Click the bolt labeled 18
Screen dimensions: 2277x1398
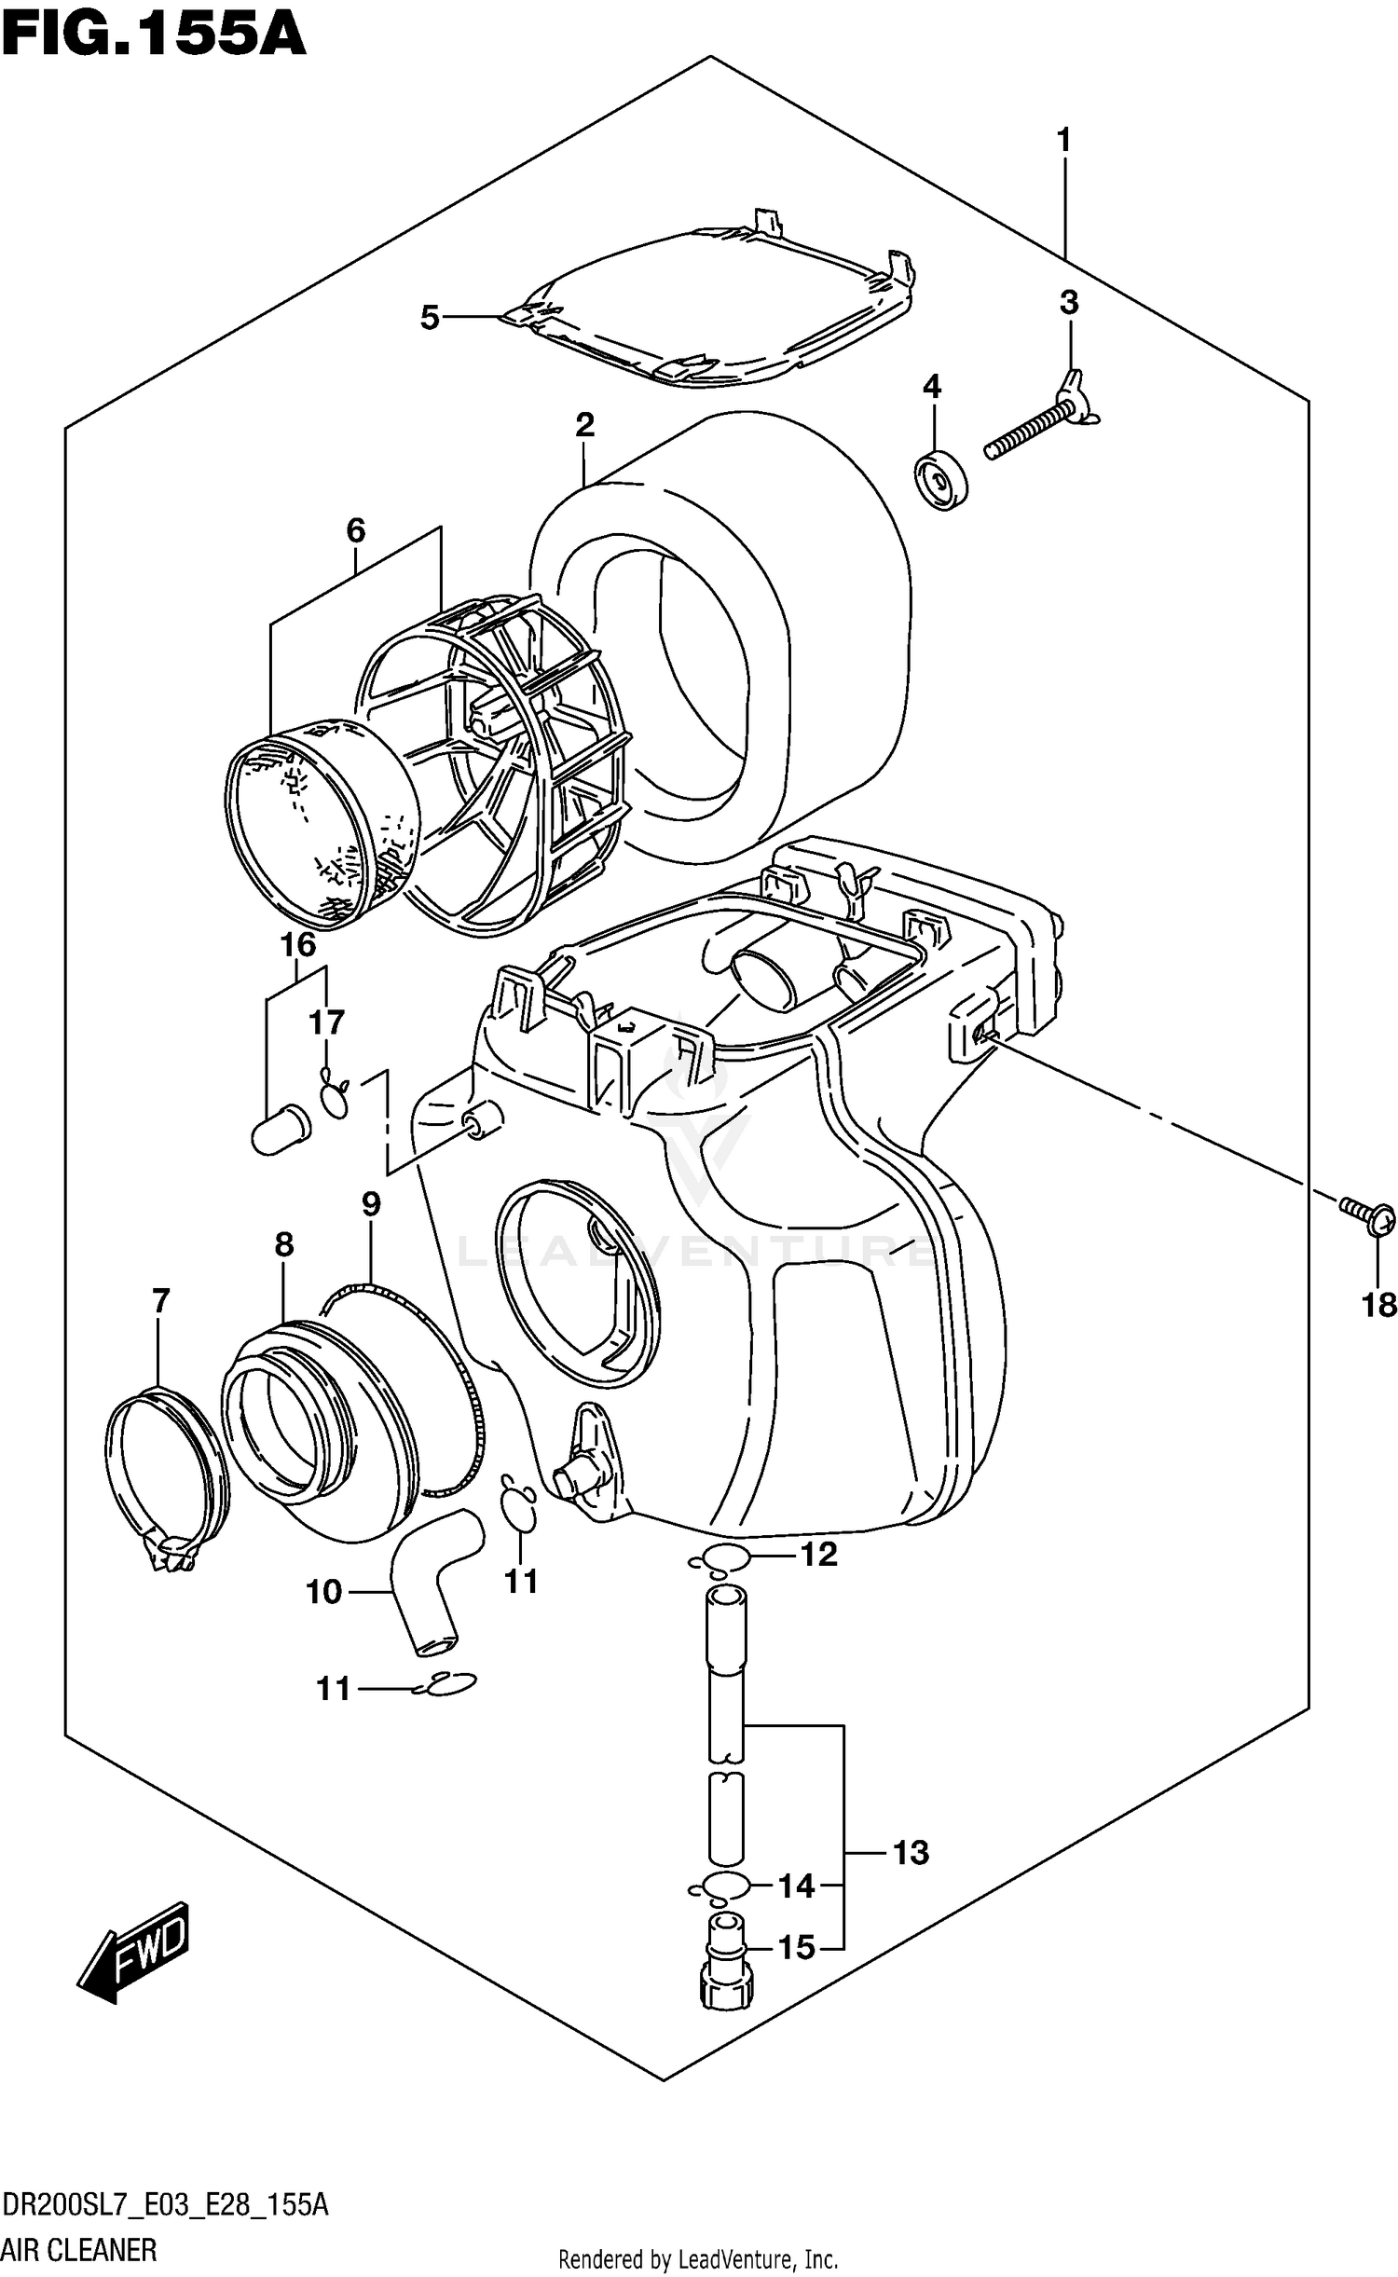click(1368, 1215)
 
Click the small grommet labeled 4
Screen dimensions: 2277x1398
click(941, 480)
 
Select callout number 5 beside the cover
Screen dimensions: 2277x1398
click(429, 318)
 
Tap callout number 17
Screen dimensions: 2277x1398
click(326, 1022)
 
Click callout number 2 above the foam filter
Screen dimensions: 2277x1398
click(584, 425)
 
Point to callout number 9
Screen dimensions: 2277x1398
click(371, 1204)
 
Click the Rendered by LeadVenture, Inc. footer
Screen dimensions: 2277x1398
click(697, 2258)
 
